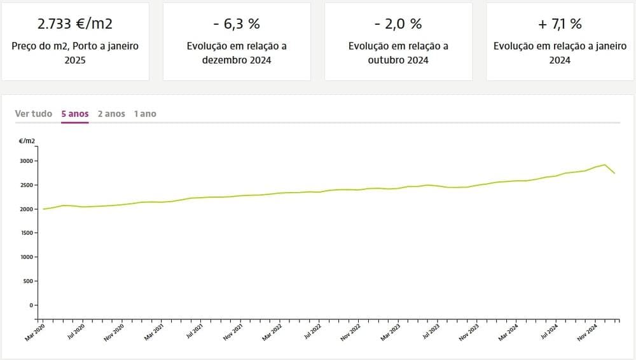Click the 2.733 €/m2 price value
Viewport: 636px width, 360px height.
pyautogui.click(x=75, y=24)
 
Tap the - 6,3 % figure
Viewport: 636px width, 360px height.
pyautogui.click(x=237, y=24)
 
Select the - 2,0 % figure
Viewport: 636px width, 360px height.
pyautogui.click(x=398, y=24)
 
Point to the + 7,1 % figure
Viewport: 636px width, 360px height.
pyautogui.click(x=560, y=24)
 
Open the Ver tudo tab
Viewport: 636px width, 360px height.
pyautogui.click(x=34, y=113)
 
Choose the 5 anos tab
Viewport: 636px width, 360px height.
pyautogui.click(x=74, y=113)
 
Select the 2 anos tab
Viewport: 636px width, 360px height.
pyautogui.click(x=111, y=113)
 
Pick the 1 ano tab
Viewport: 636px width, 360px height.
pyautogui.click(x=145, y=113)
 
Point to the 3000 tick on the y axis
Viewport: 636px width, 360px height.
pyautogui.click(x=27, y=161)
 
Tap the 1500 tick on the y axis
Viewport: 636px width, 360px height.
pyautogui.click(x=27, y=233)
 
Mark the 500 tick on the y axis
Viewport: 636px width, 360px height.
pyautogui.click(x=29, y=281)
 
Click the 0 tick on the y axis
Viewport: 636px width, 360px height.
pyautogui.click(x=32, y=305)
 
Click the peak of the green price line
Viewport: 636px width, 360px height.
pyautogui.click(x=605, y=165)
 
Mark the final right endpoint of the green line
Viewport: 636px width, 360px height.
pyautogui.click(x=614, y=173)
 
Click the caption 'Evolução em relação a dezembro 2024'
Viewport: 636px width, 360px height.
pyautogui.click(x=237, y=53)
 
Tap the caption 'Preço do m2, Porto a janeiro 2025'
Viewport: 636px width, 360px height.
pyautogui.click(x=75, y=53)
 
